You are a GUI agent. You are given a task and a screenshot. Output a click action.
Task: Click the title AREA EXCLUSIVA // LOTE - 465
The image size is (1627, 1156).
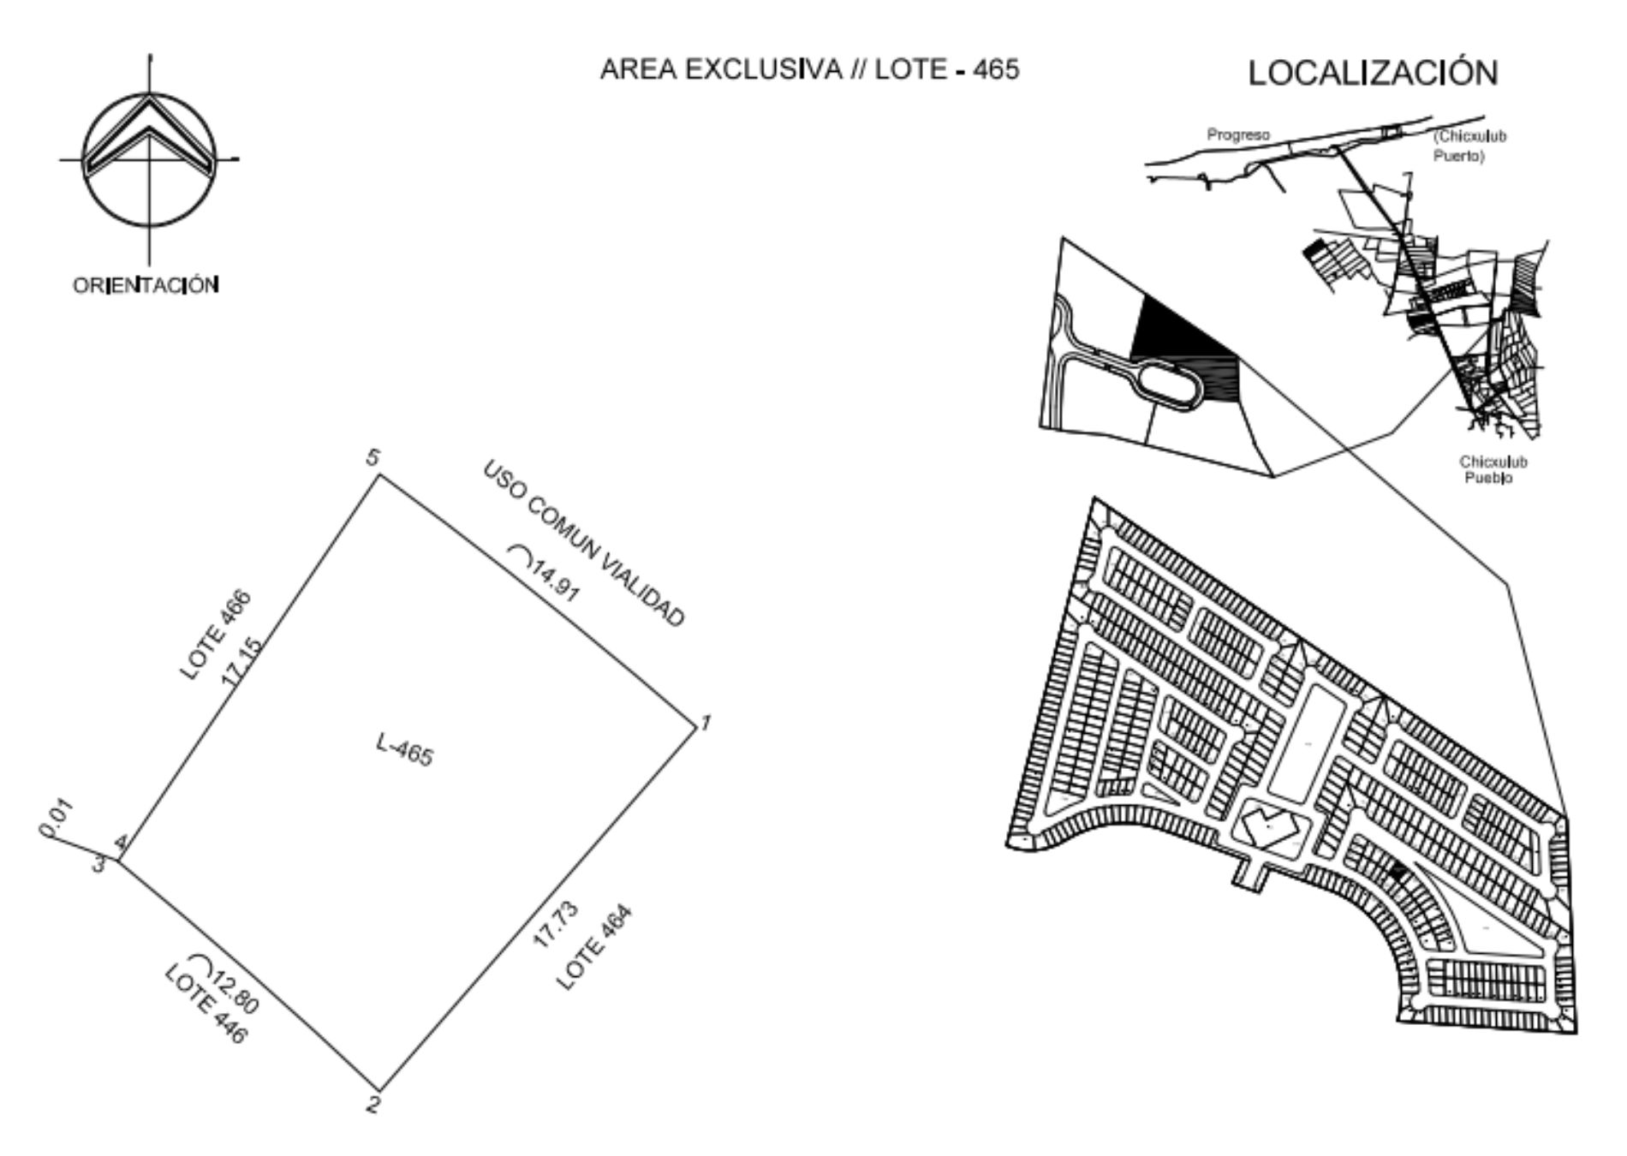809,69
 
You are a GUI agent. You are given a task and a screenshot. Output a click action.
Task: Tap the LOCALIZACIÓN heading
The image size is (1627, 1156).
1373,73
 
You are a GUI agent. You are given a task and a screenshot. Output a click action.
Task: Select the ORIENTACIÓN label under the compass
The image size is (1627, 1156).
146,285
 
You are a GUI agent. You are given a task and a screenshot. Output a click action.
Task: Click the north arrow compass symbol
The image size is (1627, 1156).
149,159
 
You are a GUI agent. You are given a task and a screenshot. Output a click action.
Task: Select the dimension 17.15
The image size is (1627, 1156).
242,661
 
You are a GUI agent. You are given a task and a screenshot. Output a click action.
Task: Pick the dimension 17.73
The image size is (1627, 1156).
556,925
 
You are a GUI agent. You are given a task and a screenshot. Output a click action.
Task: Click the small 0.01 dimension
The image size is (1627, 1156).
57,818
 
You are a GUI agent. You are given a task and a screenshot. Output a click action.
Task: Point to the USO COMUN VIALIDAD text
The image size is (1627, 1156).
585,545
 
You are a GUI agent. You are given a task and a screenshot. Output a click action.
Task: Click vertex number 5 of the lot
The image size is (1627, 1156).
372,458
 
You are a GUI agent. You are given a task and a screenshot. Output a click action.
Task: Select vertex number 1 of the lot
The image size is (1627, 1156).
705,724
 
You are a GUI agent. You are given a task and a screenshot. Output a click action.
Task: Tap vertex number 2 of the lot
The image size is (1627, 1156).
373,1104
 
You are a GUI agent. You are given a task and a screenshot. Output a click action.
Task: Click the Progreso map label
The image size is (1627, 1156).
1238,134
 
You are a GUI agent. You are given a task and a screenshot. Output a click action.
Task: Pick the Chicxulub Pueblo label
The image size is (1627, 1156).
1493,469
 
